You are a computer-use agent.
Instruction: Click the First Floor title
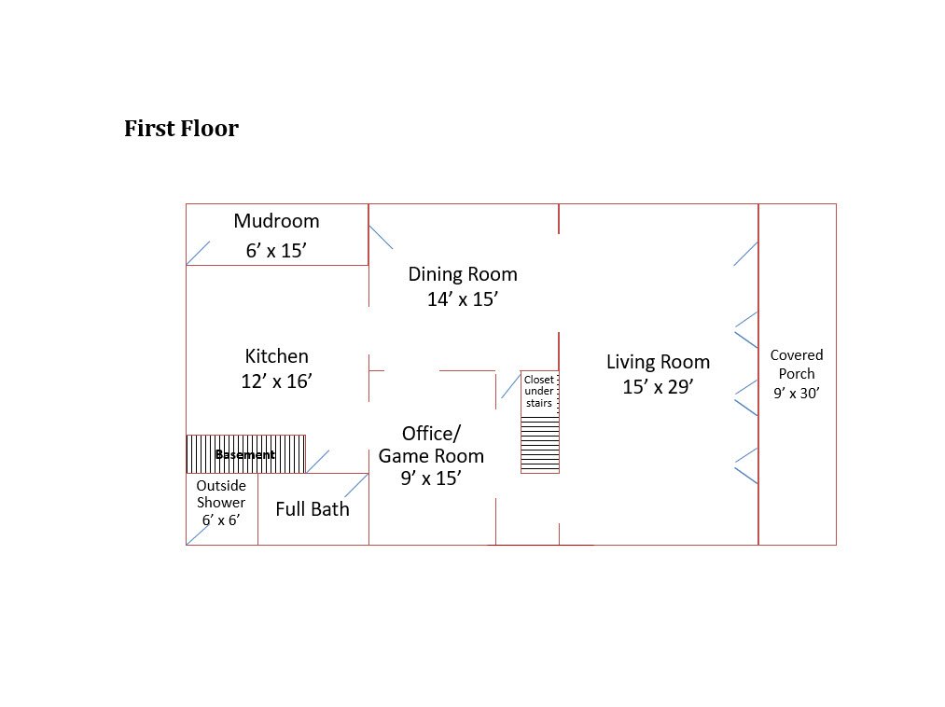pyautogui.click(x=181, y=129)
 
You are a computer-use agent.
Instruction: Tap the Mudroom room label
pyautogui.click(x=277, y=221)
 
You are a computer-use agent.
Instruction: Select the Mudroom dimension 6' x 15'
pyautogui.click(x=277, y=250)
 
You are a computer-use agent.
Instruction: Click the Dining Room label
pyautogui.click(x=463, y=275)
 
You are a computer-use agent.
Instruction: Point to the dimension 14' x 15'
pyautogui.click(x=463, y=299)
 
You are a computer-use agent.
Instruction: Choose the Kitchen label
pyautogui.click(x=277, y=356)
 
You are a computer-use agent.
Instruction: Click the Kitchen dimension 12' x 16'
pyautogui.click(x=277, y=381)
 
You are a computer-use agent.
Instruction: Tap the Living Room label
pyautogui.click(x=658, y=362)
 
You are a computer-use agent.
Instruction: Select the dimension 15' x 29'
pyautogui.click(x=658, y=387)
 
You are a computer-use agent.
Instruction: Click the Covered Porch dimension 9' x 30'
pyautogui.click(x=797, y=393)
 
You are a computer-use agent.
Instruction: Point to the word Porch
pyautogui.click(x=797, y=374)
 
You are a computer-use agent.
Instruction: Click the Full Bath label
pyautogui.click(x=313, y=509)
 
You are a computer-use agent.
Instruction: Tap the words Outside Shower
pyautogui.click(x=221, y=494)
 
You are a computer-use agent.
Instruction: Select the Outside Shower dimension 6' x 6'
pyautogui.click(x=221, y=520)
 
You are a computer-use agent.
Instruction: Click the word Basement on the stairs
pyautogui.click(x=245, y=454)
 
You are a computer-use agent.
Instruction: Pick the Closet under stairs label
pyautogui.click(x=539, y=391)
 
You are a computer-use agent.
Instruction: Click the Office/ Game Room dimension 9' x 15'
pyautogui.click(x=432, y=478)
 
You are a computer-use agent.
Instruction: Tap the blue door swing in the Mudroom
pyautogui.click(x=199, y=253)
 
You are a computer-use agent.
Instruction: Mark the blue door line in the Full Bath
pyautogui.click(x=356, y=485)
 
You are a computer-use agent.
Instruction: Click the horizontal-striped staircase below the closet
pyautogui.click(x=540, y=445)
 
